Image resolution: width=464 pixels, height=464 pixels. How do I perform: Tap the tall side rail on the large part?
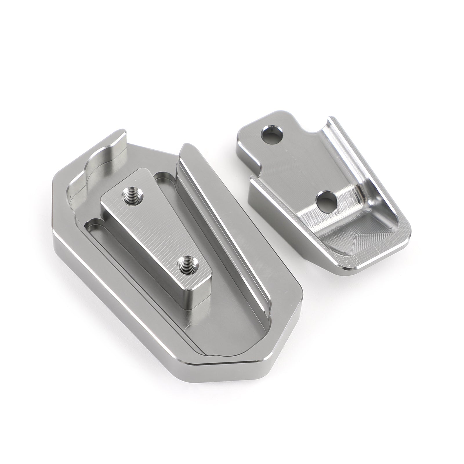pos(220,209)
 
